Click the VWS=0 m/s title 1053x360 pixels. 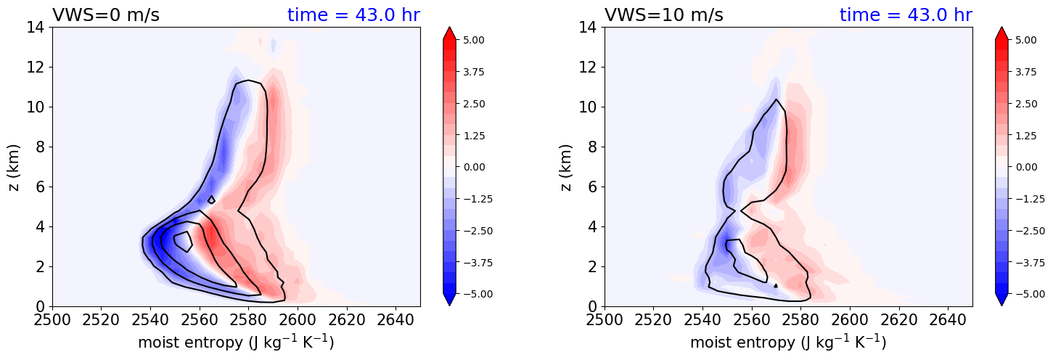(106, 15)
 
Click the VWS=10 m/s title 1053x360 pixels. (663, 15)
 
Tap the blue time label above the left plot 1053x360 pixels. (353, 15)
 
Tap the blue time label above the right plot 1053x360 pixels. (906, 15)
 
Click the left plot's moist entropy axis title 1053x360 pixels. (236, 342)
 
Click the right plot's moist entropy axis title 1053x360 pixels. (788, 342)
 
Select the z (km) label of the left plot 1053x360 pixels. (14, 167)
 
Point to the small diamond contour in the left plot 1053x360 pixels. (211, 199)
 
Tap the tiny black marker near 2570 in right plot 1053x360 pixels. (776, 286)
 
